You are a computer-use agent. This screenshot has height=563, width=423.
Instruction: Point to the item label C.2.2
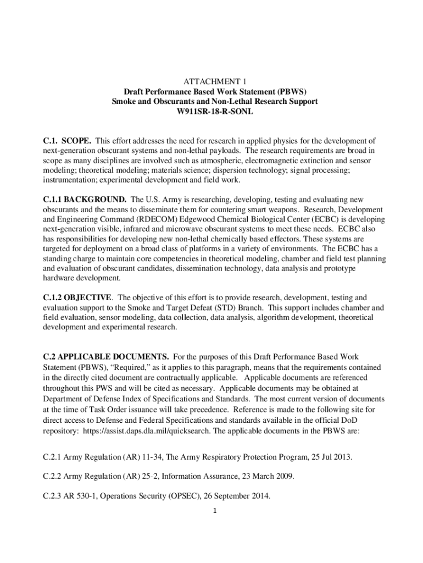[x=53, y=476]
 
